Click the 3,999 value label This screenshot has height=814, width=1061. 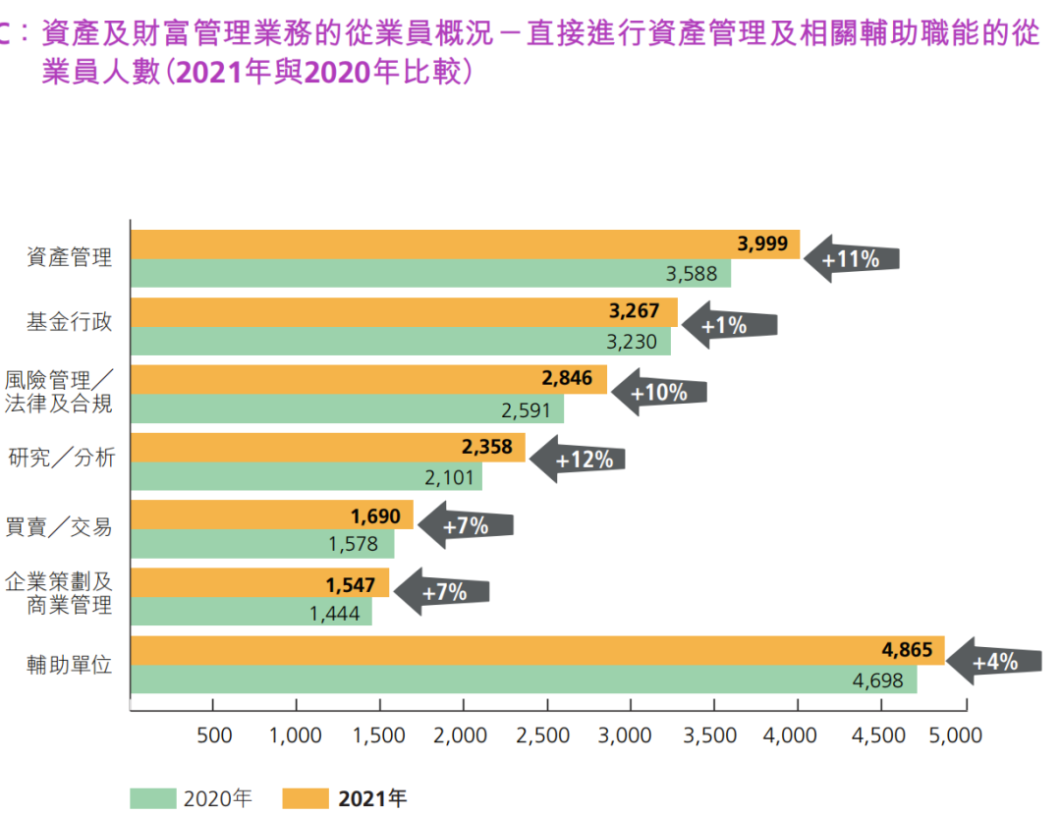[762, 244]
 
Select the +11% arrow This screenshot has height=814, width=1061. [851, 259]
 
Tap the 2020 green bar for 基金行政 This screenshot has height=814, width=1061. [400, 342]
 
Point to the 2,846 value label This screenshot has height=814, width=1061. [568, 379]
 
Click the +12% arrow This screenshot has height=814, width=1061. [578, 459]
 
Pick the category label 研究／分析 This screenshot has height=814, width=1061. [62, 458]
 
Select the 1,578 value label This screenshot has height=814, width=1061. [353, 544]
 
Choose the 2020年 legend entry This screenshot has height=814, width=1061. [193, 798]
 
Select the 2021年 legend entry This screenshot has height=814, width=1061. [346, 798]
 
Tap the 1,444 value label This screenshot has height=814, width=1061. [337, 614]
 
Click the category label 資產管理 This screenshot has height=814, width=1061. [70, 258]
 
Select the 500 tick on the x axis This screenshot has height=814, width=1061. [213, 735]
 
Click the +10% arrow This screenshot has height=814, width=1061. [659, 393]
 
